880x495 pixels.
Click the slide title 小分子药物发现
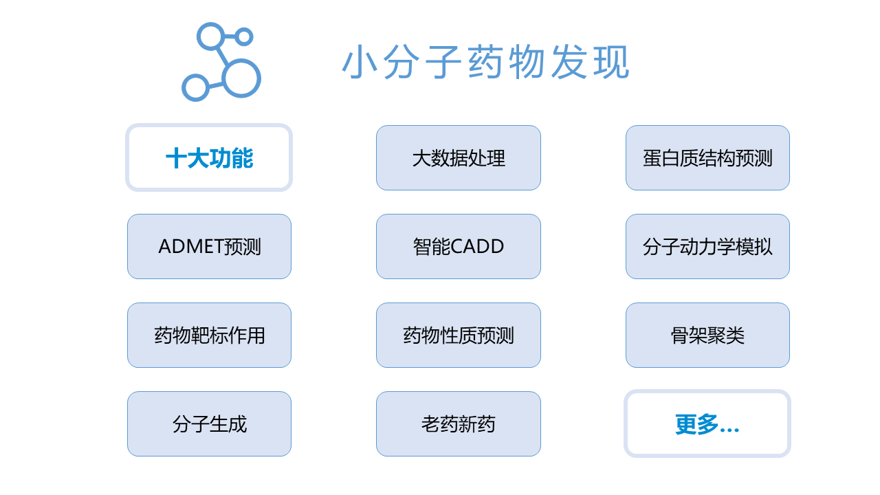click(x=486, y=62)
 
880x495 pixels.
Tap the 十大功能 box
click(x=209, y=158)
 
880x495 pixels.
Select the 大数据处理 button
click(x=459, y=158)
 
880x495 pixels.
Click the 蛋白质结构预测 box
click(x=707, y=158)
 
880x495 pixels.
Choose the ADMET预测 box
click(x=209, y=246)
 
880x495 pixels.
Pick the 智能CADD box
click(x=459, y=246)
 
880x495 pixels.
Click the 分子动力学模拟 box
click(x=707, y=246)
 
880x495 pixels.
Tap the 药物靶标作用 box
click(x=209, y=335)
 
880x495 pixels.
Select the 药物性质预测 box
click(x=459, y=335)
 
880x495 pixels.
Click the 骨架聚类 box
click(x=707, y=335)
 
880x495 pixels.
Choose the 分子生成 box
click(x=209, y=424)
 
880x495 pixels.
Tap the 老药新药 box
click(x=459, y=424)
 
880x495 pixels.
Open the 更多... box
click(x=707, y=424)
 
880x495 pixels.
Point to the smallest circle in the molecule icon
click(x=238, y=37)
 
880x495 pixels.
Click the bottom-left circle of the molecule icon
click(x=184, y=87)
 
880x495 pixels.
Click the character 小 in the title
click(x=360, y=62)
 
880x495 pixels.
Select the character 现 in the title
click(x=612, y=62)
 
